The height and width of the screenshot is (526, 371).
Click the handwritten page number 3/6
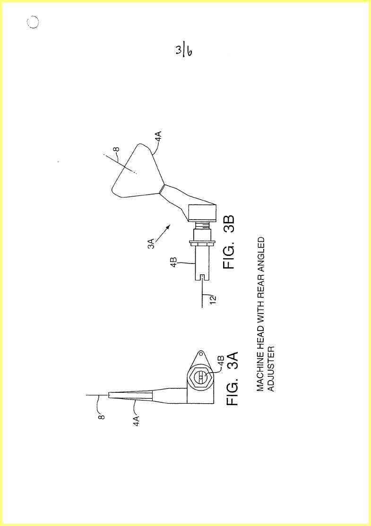(x=183, y=51)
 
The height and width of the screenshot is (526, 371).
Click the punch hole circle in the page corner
(x=33, y=22)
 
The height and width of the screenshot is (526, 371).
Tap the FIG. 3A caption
(x=232, y=379)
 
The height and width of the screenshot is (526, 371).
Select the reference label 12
(x=213, y=299)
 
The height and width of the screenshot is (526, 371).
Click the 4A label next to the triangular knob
(x=158, y=137)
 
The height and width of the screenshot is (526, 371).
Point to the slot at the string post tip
(x=202, y=278)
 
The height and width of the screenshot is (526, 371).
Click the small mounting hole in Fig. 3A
(x=201, y=354)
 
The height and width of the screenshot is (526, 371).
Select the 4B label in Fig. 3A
(x=221, y=361)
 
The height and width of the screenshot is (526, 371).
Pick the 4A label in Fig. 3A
(x=136, y=420)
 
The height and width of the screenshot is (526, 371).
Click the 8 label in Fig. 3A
(x=102, y=417)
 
